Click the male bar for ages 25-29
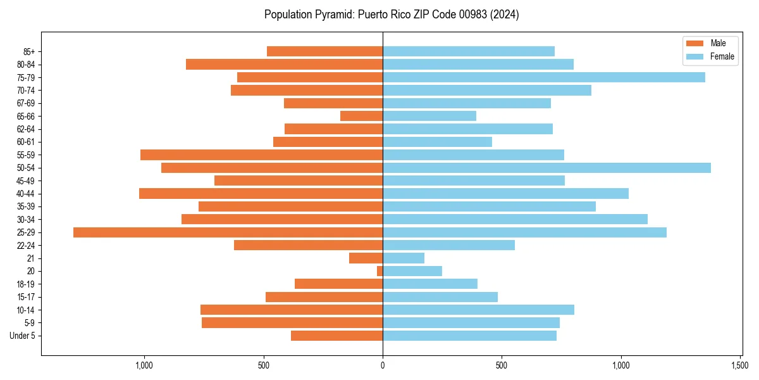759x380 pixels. point(228,232)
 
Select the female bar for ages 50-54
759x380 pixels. point(546,168)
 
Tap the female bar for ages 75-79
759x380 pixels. point(543,77)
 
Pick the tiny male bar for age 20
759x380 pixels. point(379,271)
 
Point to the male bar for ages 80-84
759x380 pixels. point(284,64)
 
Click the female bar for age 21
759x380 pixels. point(404,258)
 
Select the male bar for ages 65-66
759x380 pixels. point(361,116)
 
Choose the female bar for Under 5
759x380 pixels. point(469,336)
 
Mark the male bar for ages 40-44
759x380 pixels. point(261,194)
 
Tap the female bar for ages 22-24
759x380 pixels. point(448,245)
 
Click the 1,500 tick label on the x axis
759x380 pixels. point(740,365)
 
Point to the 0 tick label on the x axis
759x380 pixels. point(383,365)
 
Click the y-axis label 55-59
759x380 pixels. point(25,155)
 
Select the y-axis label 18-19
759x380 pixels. point(25,284)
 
